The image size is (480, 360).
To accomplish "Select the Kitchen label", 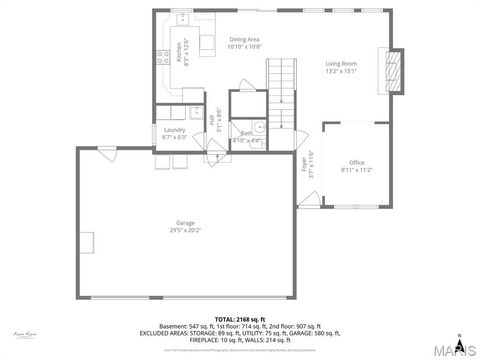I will pyautogui.click(x=180, y=52).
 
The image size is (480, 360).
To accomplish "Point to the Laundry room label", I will pyautogui.click(x=174, y=129).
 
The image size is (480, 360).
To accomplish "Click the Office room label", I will pyautogui.click(x=356, y=162).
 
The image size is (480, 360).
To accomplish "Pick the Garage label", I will pyautogui.click(x=185, y=222).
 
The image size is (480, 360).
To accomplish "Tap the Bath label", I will pyautogui.click(x=245, y=132).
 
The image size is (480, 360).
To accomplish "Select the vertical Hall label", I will pyautogui.click(x=211, y=118).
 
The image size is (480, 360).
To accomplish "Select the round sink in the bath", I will pyautogui.click(x=257, y=126).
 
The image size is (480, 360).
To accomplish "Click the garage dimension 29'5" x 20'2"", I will pyautogui.click(x=185, y=230).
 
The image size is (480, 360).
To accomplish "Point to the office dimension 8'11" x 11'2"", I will pyautogui.click(x=356, y=170).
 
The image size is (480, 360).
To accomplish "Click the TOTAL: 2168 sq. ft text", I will pyautogui.click(x=239, y=319).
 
